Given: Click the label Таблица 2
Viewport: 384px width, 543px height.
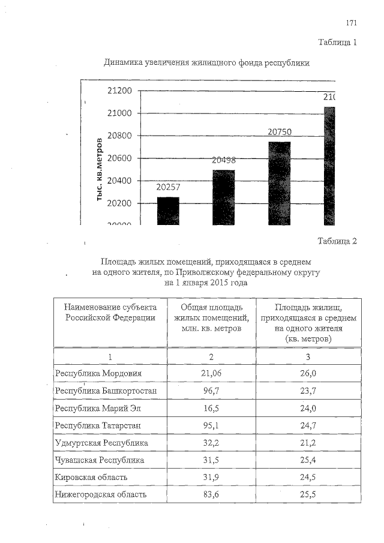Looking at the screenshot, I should (337, 241).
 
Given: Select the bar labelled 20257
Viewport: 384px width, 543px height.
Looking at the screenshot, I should (168, 211).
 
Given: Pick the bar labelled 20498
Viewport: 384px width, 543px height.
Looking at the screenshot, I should (224, 197).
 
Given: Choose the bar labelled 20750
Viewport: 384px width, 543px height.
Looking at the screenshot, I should (279, 183).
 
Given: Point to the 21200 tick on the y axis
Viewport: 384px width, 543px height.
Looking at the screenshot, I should (119, 91).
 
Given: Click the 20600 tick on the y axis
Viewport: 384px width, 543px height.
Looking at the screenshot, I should (119, 158).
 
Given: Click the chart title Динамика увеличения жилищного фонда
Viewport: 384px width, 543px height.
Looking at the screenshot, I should (206, 62).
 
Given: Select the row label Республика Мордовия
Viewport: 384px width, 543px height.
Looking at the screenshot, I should (98, 373).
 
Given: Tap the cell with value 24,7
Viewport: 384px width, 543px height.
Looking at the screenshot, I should (308, 426).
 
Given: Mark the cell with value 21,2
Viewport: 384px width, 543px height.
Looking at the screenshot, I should (308, 443).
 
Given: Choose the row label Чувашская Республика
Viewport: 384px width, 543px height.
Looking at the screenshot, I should (99, 461).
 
